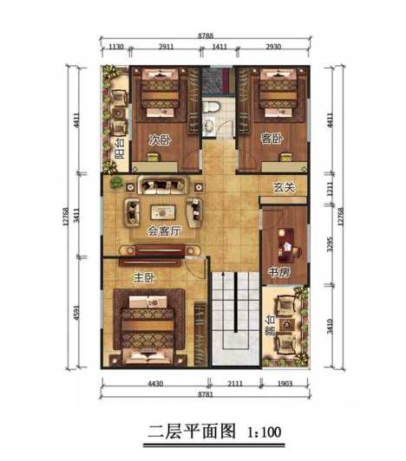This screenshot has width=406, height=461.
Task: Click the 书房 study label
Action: tap(277, 272)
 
